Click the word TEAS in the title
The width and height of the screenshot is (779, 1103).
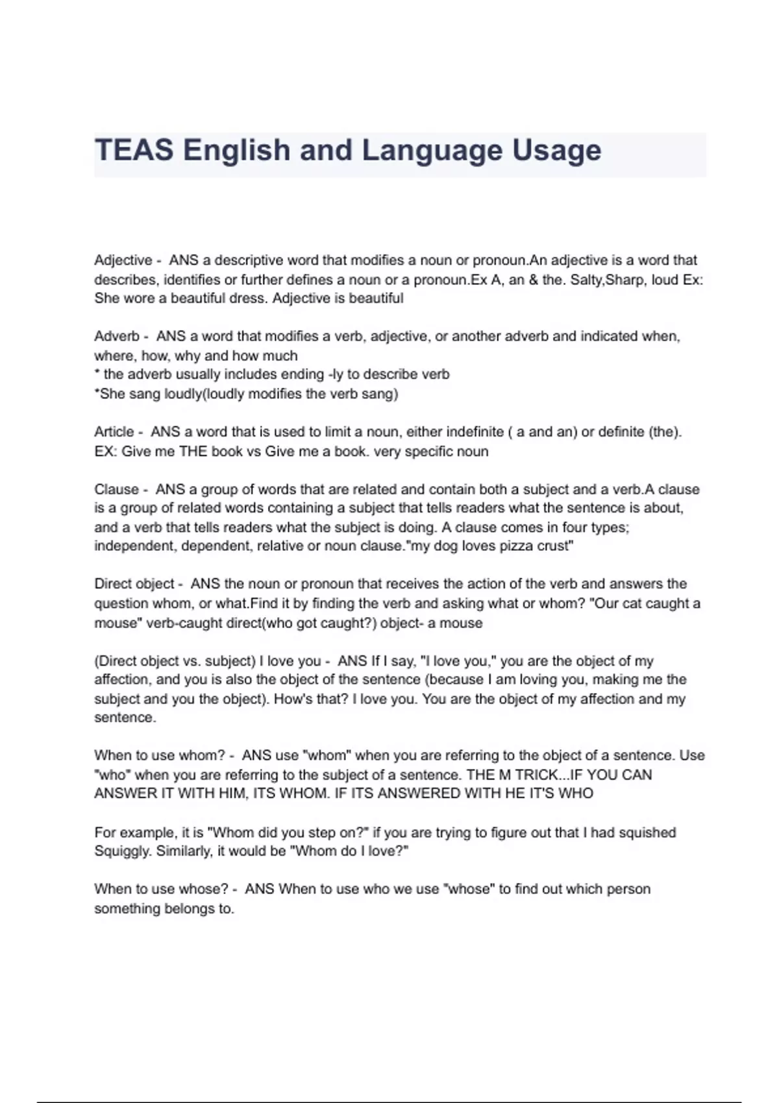(134, 151)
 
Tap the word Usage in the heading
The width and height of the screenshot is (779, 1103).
(557, 151)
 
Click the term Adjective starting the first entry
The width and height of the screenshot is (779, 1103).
(123, 260)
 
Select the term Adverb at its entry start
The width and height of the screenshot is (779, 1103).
(117, 336)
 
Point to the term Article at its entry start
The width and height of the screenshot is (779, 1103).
(114, 431)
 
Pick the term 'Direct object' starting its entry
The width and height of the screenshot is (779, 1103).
(134, 584)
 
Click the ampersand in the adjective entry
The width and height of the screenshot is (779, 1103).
(534, 280)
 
